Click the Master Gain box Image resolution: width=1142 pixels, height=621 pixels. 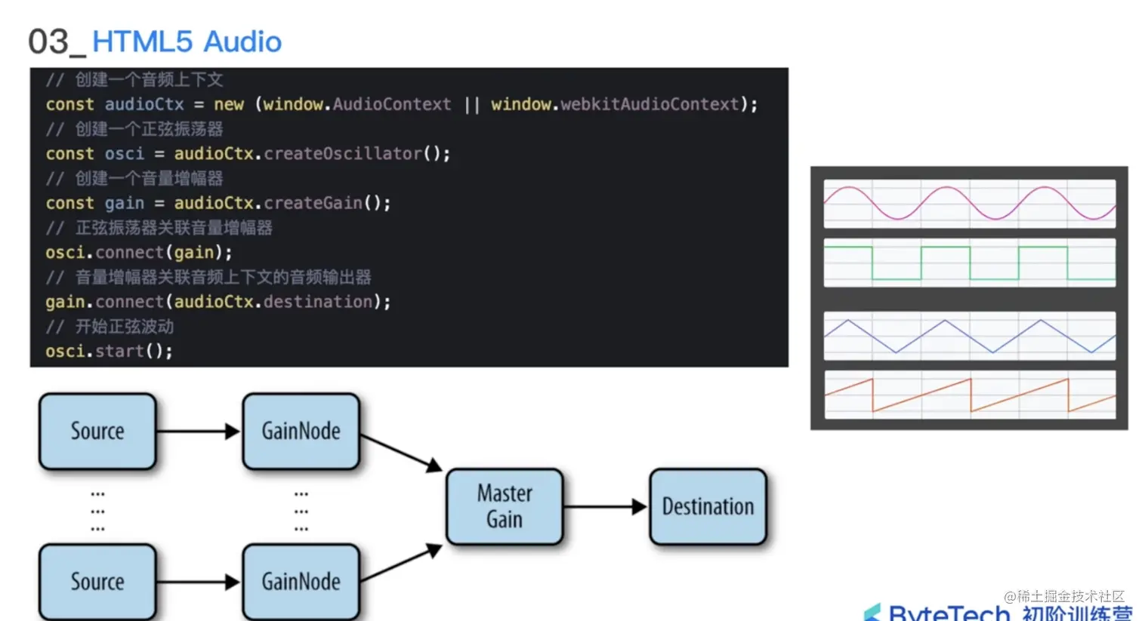pyautogui.click(x=505, y=506)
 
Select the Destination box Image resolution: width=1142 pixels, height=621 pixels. pyautogui.click(x=708, y=506)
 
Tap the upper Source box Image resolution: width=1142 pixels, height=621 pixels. pyautogui.click(x=97, y=431)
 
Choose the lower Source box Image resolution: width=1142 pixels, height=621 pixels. pyautogui.click(x=97, y=582)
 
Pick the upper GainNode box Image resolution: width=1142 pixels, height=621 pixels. pyautogui.click(x=301, y=431)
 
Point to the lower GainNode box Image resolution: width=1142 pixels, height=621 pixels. pyautogui.click(x=301, y=582)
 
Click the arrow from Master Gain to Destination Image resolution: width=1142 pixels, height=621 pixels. pyautogui.click(x=605, y=507)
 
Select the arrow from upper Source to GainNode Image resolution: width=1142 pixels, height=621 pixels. pyautogui.click(x=199, y=432)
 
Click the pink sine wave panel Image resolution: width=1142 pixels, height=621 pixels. pyautogui.click(x=969, y=203)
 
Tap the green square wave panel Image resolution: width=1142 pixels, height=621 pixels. pyautogui.click(x=969, y=263)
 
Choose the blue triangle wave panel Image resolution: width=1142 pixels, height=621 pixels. pyautogui.click(x=969, y=336)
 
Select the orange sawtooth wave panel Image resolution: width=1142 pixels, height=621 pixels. pyautogui.click(x=969, y=395)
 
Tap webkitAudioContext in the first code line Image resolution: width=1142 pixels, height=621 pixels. pyautogui.click(x=649, y=104)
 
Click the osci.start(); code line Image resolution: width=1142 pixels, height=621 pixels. pyautogui.click(x=109, y=351)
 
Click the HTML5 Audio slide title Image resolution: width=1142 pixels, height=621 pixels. pyautogui.click(x=187, y=42)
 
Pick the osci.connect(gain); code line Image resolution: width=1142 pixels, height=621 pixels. pyautogui.click(x=139, y=252)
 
